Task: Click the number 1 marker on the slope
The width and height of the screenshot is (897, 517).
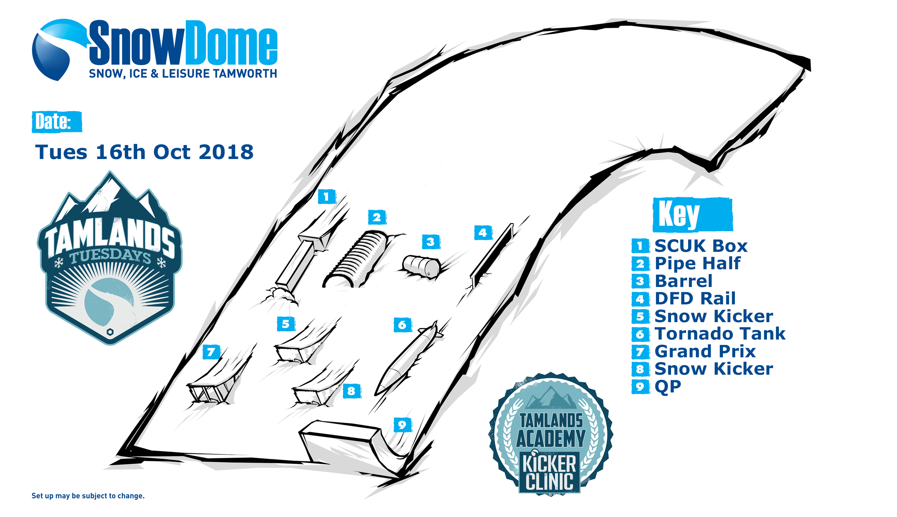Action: click(x=326, y=196)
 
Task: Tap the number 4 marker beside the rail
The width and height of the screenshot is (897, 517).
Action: click(x=483, y=233)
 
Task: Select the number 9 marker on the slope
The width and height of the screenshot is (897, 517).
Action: click(x=402, y=425)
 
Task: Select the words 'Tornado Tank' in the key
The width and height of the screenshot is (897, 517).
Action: click(x=720, y=333)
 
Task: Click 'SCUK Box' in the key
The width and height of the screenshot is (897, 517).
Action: click(x=701, y=246)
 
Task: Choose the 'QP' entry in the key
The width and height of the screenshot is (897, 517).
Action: click(x=668, y=386)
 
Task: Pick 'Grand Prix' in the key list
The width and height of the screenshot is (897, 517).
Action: click(x=705, y=351)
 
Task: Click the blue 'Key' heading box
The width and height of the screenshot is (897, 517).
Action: click(x=693, y=214)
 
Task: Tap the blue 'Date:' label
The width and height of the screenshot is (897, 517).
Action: click(x=57, y=122)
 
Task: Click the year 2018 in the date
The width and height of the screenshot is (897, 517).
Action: click(x=226, y=152)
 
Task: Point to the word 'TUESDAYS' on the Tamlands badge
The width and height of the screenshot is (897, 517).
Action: click(x=110, y=256)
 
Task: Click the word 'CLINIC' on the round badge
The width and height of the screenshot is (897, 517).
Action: click(x=549, y=481)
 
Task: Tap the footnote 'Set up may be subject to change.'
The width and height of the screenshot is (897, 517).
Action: click(x=88, y=496)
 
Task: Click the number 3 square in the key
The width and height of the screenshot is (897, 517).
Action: click(x=640, y=281)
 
